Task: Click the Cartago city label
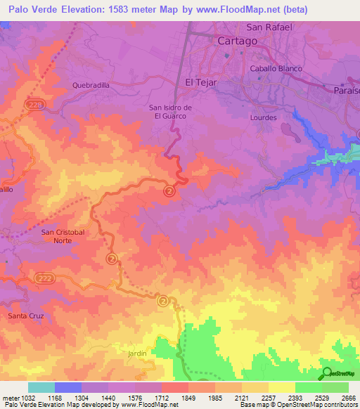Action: point(237,41)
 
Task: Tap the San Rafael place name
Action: point(269,28)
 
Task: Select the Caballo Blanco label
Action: point(276,69)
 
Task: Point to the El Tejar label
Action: point(199,82)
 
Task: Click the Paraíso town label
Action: point(345,90)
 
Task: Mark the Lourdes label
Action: point(264,118)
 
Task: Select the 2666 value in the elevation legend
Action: point(349,397)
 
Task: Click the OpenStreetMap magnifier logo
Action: point(327,373)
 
